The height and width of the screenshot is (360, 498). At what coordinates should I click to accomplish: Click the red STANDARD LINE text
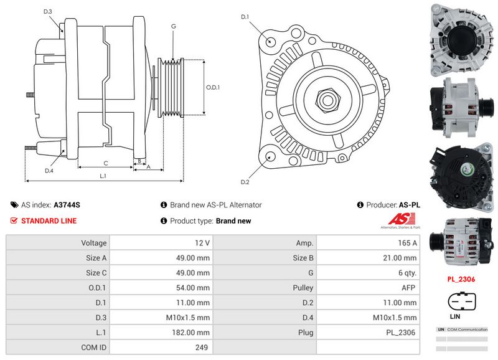click(49, 221)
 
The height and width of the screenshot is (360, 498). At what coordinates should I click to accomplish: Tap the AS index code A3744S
click(67, 205)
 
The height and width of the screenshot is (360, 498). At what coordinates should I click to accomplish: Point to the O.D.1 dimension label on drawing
click(213, 87)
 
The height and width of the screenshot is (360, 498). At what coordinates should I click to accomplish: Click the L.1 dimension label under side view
click(103, 176)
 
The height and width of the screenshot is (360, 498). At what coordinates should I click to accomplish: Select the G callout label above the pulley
click(173, 26)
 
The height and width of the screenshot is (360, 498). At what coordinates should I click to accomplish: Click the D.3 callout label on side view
click(48, 12)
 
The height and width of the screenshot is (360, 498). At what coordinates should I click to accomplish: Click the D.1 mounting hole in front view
click(271, 41)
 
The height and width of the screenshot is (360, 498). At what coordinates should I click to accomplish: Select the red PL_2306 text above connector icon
click(461, 280)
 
